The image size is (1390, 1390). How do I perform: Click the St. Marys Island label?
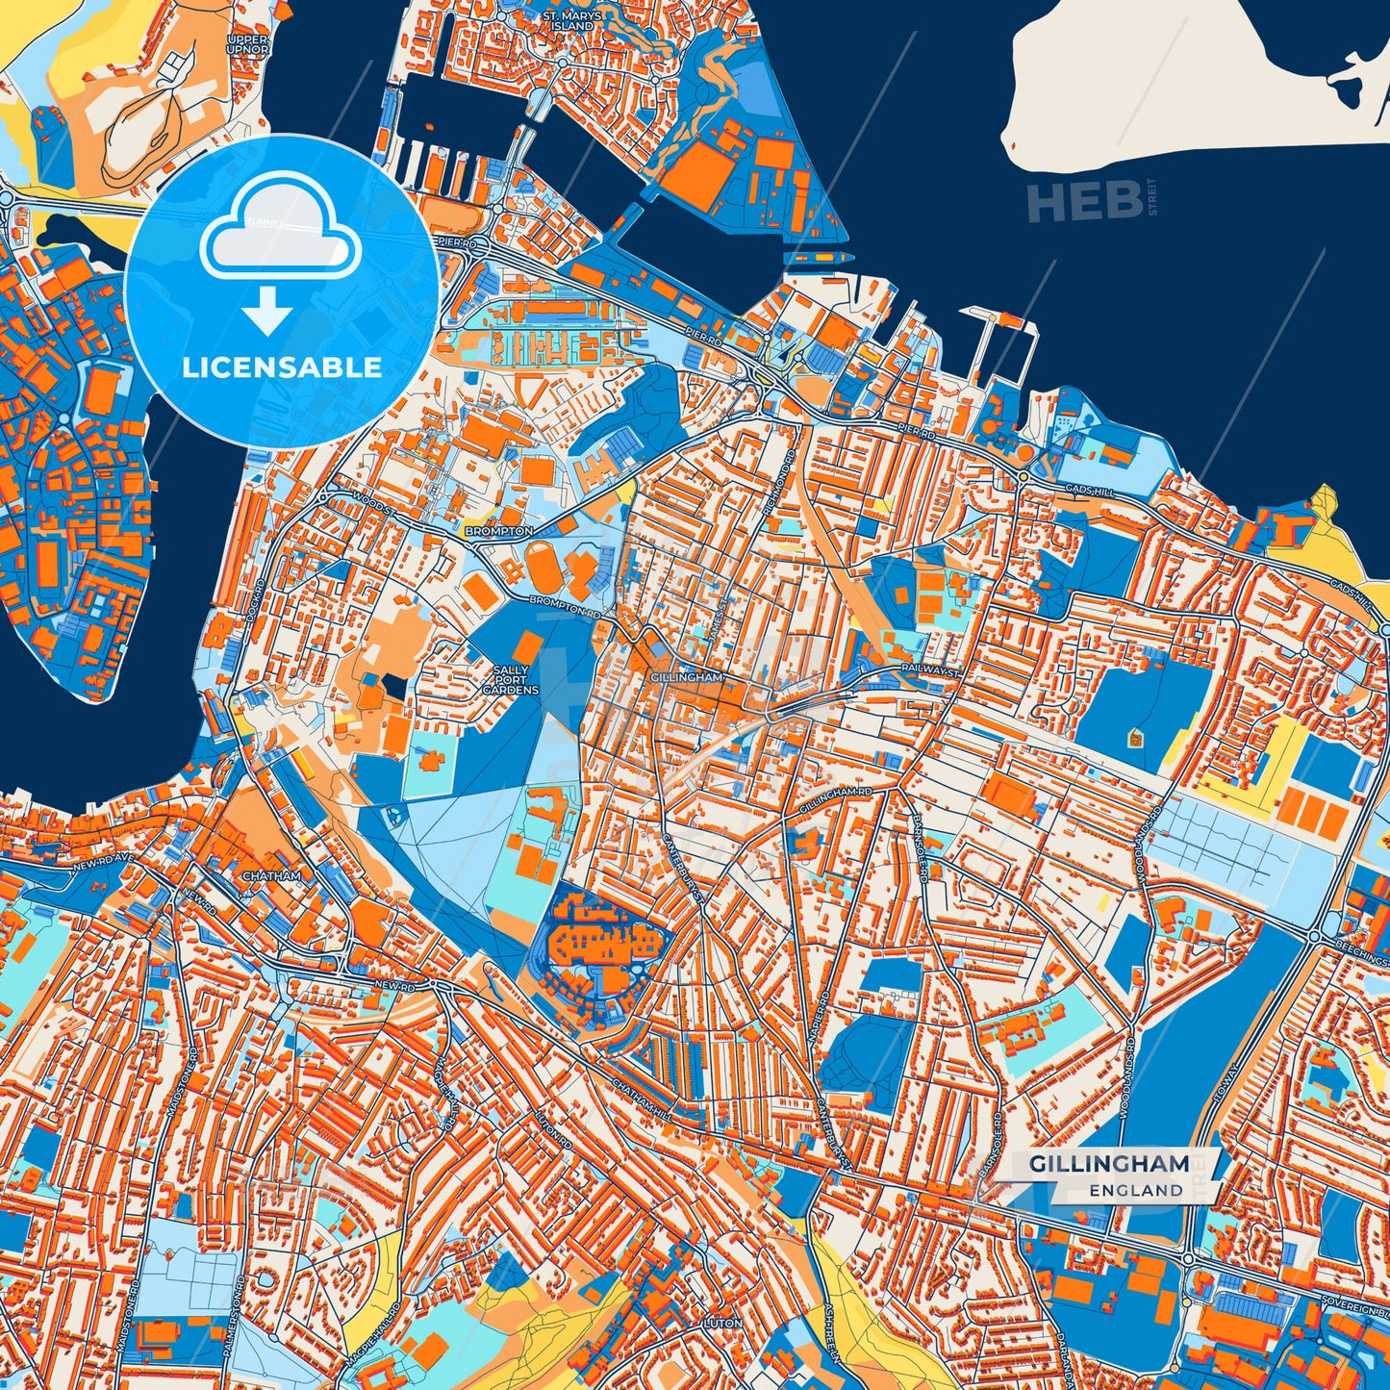click(572, 20)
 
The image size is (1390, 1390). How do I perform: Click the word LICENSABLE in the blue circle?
click(282, 367)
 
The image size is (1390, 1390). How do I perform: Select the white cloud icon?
click(280, 226)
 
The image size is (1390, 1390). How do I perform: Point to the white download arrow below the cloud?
click(268, 311)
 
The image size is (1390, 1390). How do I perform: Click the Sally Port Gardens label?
click(511, 679)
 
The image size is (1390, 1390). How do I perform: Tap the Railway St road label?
click(930, 667)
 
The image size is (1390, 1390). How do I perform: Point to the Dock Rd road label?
click(254, 600)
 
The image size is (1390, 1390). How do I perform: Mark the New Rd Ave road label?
click(100, 868)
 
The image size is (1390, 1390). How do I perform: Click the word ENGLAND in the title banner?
click(1136, 1190)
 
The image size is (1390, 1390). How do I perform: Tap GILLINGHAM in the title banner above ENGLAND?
click(1109, 1163)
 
